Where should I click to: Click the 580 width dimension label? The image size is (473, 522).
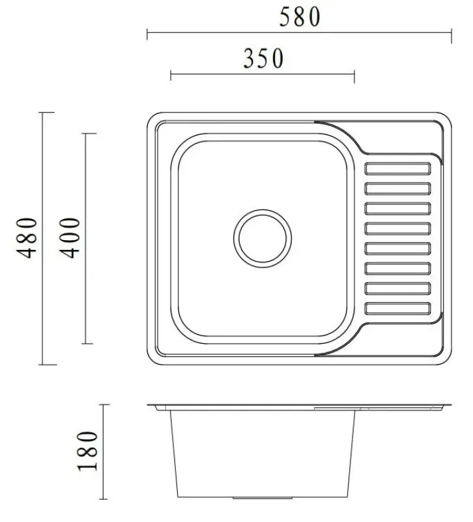300,17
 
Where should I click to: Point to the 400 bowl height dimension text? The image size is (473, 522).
72,238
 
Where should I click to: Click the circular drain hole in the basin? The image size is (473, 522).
263,238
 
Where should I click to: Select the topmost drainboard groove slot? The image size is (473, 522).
398,169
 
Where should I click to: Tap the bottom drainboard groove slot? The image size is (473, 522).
398,308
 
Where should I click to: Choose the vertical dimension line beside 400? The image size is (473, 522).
88,239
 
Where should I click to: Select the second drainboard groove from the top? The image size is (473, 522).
398,189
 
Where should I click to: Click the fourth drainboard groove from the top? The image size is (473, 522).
398,228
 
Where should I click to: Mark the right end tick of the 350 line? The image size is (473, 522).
354,76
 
